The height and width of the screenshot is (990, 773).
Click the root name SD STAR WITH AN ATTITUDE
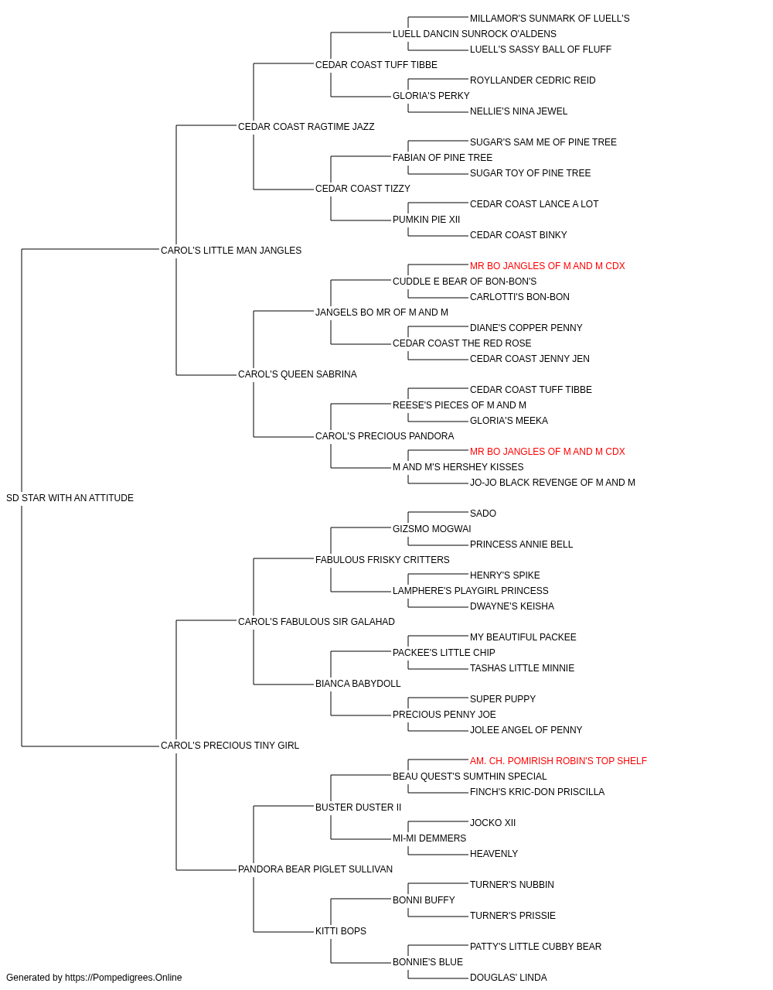tap(70, 498)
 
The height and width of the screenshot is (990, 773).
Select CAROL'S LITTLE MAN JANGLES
tap(231, 251)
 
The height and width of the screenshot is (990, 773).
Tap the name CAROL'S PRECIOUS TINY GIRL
tap(230, 746)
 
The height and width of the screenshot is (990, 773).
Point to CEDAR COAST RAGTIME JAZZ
tap(306, 127)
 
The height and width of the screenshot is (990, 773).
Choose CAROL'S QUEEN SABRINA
tap(298, 374)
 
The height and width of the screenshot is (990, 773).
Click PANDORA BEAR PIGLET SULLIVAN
tap(315, 869)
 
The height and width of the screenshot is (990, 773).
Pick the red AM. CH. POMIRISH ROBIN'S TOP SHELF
tap(558, 761)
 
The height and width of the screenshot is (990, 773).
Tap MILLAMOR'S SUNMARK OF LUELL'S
tap(550, 19)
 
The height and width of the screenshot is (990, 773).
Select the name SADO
tap(482, 514)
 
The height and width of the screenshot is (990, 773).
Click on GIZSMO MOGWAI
tap(431, 529)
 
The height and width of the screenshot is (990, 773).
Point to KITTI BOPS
tap(341, 931)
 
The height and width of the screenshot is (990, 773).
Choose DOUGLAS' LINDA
tap(508, 978)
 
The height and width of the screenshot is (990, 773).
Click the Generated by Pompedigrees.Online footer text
tap(94, 978)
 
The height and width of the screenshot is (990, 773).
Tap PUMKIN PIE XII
tap(426, 220)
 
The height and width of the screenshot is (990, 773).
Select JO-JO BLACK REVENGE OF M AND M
tap(552, 483)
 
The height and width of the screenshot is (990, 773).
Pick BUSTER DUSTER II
tap(358, 807)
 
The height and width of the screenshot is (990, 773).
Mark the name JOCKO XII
tap(492, 823)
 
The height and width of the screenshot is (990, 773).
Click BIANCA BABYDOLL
tap(358, 684)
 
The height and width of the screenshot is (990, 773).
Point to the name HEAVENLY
tap(493, 854)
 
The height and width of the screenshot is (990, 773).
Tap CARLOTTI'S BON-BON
tap(519, 297)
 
